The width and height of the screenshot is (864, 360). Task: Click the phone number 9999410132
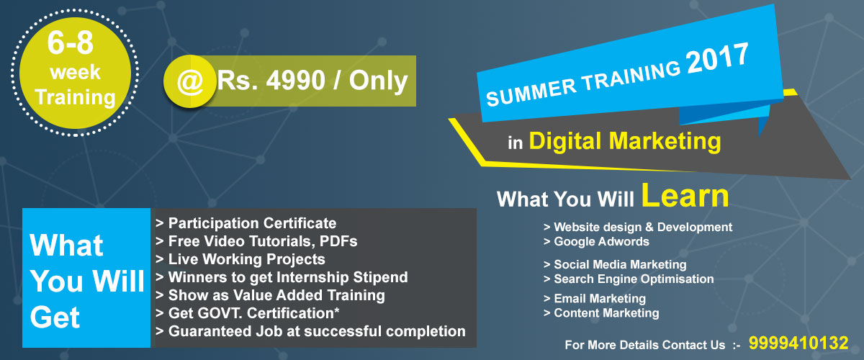click(x=798, y=343)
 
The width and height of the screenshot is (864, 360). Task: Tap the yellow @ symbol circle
click(x=189, y=81)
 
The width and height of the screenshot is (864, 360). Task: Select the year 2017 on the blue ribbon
click(x=717, y=58)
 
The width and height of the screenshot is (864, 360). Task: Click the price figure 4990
click(x=296, y=81)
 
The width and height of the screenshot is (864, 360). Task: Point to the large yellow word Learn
click(x=685, y=195)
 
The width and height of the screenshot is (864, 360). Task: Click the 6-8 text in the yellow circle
click(x=71, y=42)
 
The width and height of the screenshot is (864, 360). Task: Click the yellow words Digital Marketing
click(x=625, y=141)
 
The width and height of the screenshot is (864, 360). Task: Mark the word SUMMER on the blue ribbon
click(x=531, y=93)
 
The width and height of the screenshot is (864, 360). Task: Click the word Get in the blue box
click(x=55, y=318)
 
